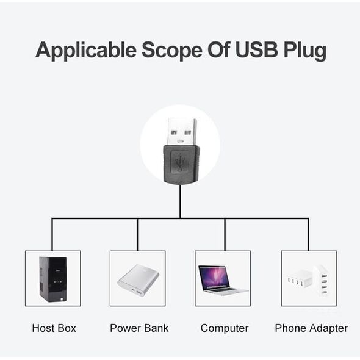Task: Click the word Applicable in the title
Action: point(86,51)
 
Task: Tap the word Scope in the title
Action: point(171,50)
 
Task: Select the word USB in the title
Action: point(257,49)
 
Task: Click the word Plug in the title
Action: point(305,51)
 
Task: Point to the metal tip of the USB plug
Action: point(182,132)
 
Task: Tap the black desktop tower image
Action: point(53,279)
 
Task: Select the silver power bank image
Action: point(139,280)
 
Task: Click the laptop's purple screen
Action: point(214,278)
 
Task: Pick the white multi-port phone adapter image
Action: point(308,281)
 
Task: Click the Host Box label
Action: point(54,328)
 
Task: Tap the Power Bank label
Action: point(139,328)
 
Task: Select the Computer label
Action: point(225,328)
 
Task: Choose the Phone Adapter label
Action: point(311,328)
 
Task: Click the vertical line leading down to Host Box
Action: point(52,234)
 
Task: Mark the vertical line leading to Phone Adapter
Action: point(308,234)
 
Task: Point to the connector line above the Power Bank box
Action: point(137,234)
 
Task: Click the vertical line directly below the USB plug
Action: point(181,201)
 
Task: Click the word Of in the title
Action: point(219,49)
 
